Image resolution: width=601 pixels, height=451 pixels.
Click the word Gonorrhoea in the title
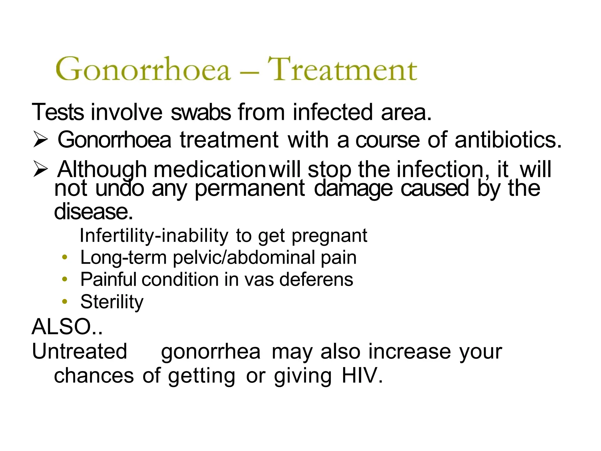143,69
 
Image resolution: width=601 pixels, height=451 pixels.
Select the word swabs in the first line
201,112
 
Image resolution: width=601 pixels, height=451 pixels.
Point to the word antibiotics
508,140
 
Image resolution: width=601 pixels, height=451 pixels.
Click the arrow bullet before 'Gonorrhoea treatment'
40,139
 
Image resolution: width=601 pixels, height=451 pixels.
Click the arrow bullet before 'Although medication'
40,169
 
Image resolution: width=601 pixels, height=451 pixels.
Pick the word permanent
250,189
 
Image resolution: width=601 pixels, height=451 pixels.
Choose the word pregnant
329,235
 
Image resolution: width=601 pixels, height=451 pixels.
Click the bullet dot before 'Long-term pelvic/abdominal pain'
65,258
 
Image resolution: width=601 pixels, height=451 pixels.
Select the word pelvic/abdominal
244,258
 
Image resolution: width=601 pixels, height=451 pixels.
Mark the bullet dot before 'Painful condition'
65,279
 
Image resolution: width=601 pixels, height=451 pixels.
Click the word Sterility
112,302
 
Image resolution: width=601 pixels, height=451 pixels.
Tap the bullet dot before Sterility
65,302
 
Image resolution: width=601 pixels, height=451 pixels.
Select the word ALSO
62,327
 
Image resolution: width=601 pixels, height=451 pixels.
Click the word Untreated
79,351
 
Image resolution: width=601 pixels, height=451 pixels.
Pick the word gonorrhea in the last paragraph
210,352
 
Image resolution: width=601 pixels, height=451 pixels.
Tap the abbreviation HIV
362,376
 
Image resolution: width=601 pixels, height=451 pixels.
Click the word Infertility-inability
154,235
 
